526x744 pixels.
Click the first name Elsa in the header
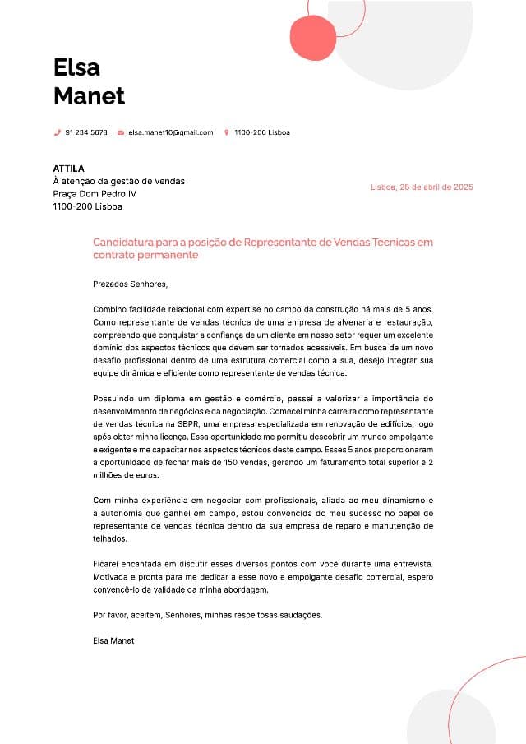[76, 67]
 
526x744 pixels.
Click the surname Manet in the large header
[89, 96]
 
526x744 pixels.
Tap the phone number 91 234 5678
[86, 132]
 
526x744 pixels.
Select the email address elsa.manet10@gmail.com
[170, 132]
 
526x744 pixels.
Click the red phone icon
[58, 132]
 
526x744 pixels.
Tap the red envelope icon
[121, 132]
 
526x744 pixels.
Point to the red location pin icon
[226, 132]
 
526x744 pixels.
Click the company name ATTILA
[68, 169]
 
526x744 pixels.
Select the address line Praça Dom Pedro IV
[95, 194]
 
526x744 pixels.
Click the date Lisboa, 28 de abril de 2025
[422, 187]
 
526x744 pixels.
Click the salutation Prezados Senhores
[130, 284]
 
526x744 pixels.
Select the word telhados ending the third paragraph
[110, 539]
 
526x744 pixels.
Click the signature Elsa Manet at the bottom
[113, 640]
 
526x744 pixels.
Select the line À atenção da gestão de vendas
[118, 182]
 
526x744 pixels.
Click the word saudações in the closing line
[299, 615]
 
